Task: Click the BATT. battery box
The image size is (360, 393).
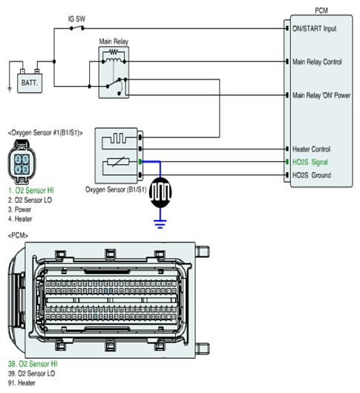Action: click(30, 83)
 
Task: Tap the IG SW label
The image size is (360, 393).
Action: click(76, 19)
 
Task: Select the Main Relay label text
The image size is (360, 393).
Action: click(114, 42)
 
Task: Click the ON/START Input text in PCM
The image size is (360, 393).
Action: click(314, 28)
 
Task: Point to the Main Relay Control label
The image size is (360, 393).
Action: click(317, 62)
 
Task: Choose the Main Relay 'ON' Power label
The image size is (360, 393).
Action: click(321, 95)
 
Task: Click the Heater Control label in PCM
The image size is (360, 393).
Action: click(312, 149)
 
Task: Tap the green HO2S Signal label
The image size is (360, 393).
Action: click(310, 162)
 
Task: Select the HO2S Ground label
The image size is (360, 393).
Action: click(312, 175)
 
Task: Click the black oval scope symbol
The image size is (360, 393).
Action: click(160, 192)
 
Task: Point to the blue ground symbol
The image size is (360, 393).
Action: click(160, 224)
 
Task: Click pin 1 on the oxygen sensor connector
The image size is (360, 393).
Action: click(25, 160)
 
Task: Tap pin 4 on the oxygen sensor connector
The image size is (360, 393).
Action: click(18, 169)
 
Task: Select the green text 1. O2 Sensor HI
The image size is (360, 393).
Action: click(31, 190)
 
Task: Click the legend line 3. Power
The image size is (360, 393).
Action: click(19, 210)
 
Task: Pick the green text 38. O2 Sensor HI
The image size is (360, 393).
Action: click(33, 364)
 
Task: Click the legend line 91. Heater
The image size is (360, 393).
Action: click(22, 383)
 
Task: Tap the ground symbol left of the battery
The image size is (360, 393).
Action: click(10, 89)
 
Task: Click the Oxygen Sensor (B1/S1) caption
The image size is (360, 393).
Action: click(116, 189)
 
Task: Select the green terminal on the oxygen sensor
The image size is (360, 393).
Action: click(140, 162)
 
